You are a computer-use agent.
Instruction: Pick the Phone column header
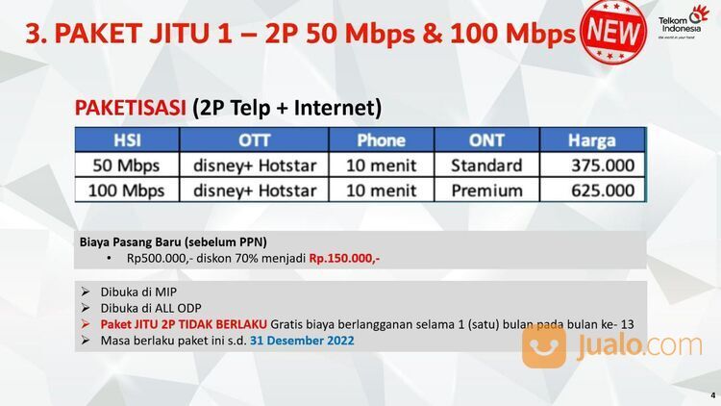click(x=381, y=140)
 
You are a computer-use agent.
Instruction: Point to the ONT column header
click(x=486, y=140)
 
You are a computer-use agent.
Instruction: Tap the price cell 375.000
click(x=603, y=165)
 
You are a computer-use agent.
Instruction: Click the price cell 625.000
click(x=603, y=190)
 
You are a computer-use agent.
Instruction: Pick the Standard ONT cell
click(x=486, y=165)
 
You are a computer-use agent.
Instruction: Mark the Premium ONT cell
click(x=486, y=190)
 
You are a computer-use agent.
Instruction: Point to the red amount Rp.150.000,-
click(x=344, y=259)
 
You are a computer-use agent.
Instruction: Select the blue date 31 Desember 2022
click(x=302, y=340)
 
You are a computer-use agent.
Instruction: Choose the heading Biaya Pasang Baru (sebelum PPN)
click(x=173, y=241)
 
